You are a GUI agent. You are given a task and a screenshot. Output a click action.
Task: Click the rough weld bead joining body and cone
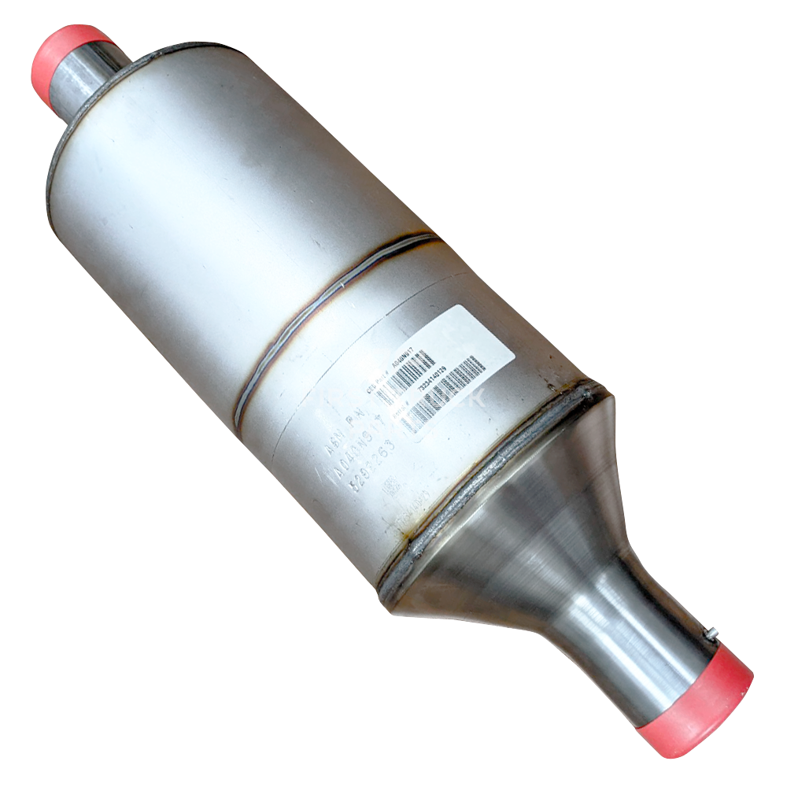coord(488,480)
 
